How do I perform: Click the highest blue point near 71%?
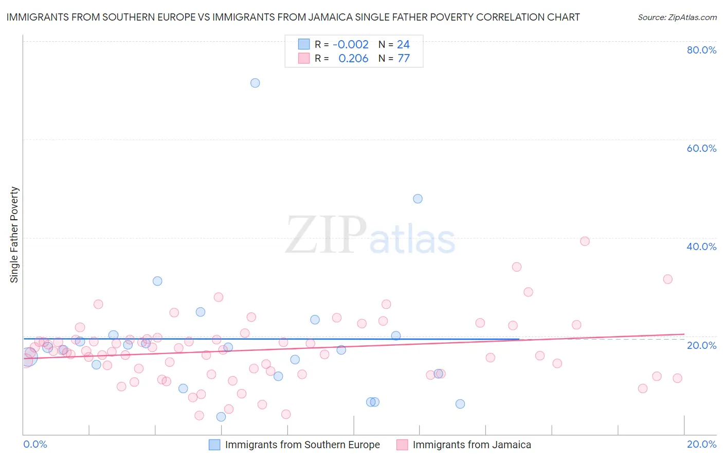[x=255, y=83]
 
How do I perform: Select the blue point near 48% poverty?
[x=418, y=199]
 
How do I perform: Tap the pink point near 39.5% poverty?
[x=585, y=241]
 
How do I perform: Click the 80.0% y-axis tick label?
[x=701, y=50]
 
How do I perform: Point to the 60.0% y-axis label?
[x=701, y=148]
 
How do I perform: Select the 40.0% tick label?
[x=701, y=246]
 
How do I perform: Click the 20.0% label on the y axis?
[x=701, y=345]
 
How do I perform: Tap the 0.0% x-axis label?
[x=35, y=444]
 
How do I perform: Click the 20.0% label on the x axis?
[x=701, y=444]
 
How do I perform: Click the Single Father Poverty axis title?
[x=14, y=235]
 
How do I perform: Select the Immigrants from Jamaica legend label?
[x=472, y=445]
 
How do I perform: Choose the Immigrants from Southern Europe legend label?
[x=302, y=445]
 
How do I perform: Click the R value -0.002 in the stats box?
[x=351, y=45]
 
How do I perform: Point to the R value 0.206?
[x=353, y=59]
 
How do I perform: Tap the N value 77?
[x=404, y=59]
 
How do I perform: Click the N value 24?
[x=403, y=45]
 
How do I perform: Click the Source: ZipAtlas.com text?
[x=677, y=17]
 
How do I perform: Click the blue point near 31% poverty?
[x=157, y=281]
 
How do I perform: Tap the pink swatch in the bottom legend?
[x=402, y=445]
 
